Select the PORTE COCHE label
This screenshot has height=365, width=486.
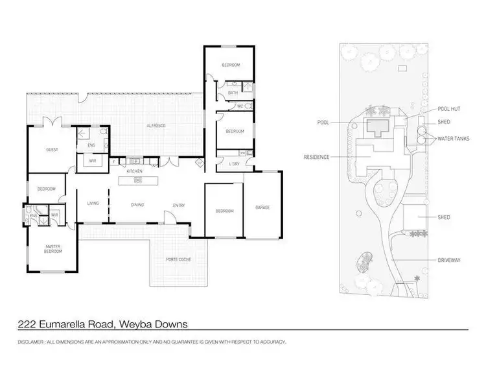click(177, 259)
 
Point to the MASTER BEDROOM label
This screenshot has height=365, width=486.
click(53, 248)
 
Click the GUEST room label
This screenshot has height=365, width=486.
click(52, 150)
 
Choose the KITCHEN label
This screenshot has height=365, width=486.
click(135, 171)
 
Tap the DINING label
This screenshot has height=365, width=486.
click(137, 205)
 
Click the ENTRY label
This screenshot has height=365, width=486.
click(178, 206)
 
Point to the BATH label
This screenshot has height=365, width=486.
click(233, 93)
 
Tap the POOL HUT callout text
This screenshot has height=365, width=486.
click(449, 109)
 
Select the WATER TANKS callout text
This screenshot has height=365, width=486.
click(454, 137)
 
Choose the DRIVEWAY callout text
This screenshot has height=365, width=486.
click(450, 260)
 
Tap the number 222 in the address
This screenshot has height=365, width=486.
click(24, 324)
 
